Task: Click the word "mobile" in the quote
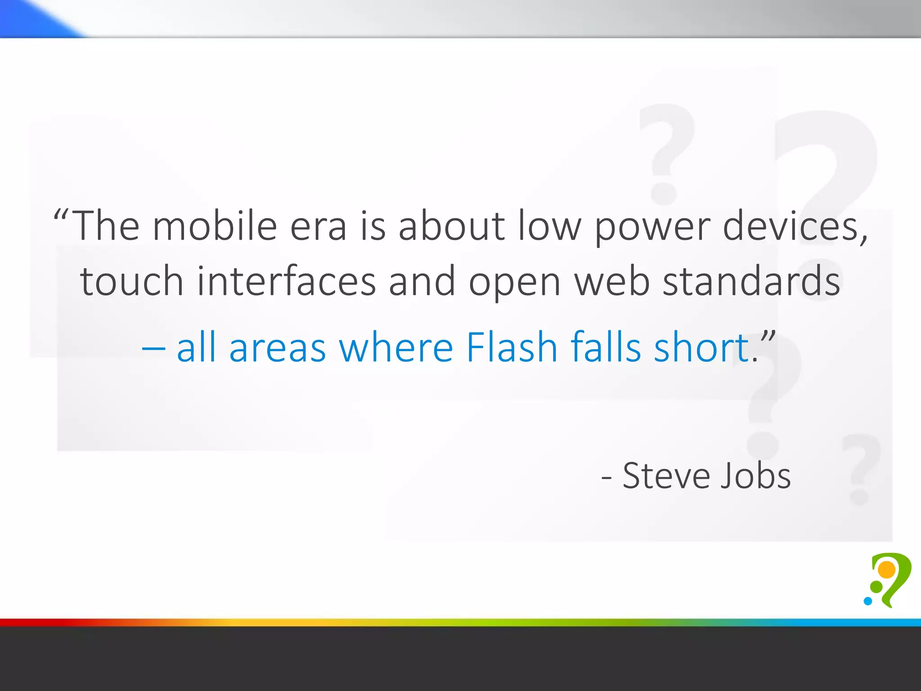(215, 226)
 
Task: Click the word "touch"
(132, 281)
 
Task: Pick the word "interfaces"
(286, 281)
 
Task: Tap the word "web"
(612, 281)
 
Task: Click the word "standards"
(751, 281)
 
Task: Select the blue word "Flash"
(512, 347)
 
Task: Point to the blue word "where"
(396, 347)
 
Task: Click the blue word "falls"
(606, 347)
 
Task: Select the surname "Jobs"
(756, 476)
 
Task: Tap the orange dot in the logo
(887, 570)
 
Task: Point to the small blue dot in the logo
(868, 601)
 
